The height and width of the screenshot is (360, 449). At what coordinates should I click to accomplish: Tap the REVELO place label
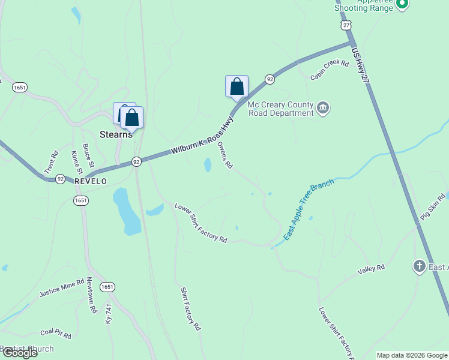(91, 181)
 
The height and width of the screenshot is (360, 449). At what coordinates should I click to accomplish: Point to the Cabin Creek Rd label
(330, 70)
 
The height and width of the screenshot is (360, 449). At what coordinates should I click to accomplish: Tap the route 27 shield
(345, 26)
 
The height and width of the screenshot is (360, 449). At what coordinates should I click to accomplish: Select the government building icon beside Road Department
(324, 108)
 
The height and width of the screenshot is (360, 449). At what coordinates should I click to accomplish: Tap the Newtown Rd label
(91, 296)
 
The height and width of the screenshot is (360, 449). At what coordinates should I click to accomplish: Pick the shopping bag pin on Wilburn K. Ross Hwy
(237, 86)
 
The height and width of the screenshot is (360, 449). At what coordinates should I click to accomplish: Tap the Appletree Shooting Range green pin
(402, 5)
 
